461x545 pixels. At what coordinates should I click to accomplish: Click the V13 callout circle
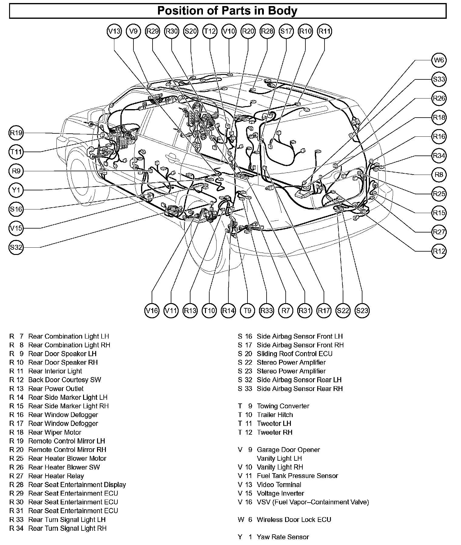pos(114,31)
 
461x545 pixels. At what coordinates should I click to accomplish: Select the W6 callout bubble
pos(439,60)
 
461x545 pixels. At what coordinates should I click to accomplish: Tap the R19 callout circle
pos(16,133)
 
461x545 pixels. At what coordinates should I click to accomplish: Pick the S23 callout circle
pos(362,310)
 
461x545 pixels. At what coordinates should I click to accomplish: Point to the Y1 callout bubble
pos(16,190)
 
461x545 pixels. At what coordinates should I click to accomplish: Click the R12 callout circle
pos(439,251)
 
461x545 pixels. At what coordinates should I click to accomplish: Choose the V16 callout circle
pos(152,310)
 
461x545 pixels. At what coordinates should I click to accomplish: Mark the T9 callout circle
pos(247,310)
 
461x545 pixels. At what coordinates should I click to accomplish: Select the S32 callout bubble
pos(16,247)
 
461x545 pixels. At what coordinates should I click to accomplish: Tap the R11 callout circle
pos(325,31)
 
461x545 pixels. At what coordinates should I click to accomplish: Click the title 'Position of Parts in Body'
pos(227,11)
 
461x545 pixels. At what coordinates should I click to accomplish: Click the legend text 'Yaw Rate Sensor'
pos(283,537)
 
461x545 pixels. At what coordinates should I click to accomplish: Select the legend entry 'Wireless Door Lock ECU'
pos(294,520)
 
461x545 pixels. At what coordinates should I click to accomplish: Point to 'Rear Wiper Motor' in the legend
pos(55,432)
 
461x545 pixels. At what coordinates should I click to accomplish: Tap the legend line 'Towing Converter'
pos(283,406)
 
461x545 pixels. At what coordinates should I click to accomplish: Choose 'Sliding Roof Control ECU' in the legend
pos(294,354)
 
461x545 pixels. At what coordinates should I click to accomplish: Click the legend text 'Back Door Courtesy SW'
pos(65,380)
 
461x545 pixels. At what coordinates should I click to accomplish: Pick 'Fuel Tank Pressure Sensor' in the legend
pos(297,476)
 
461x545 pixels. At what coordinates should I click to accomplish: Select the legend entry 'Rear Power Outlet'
pos(56,389)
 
